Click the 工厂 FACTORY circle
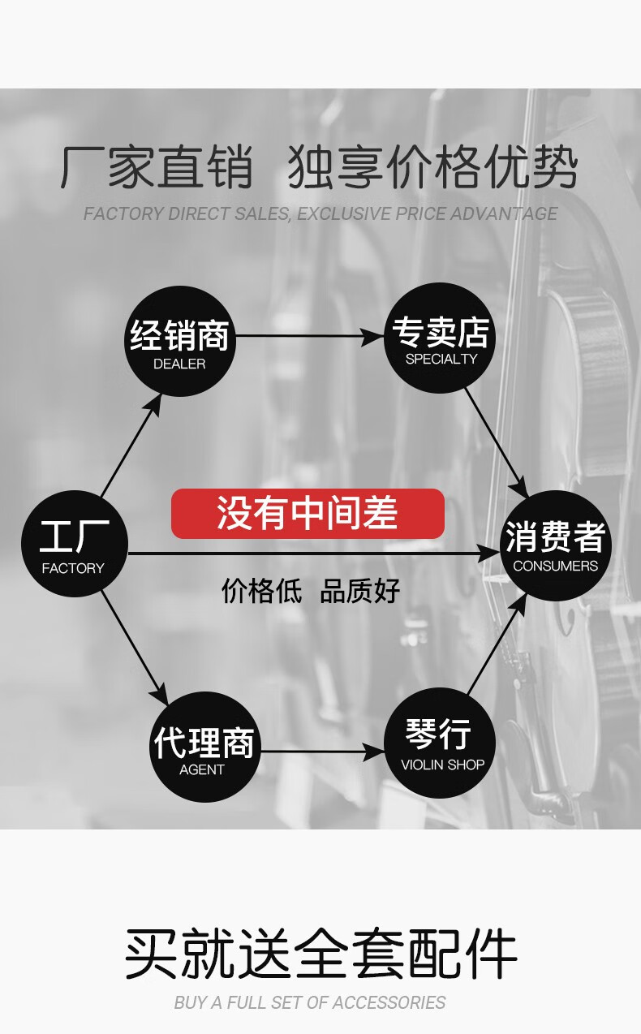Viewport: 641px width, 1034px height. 74,544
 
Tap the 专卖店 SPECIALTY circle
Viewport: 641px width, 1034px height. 441,338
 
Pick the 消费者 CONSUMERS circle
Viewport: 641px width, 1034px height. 555,545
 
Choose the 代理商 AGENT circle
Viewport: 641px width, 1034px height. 203,747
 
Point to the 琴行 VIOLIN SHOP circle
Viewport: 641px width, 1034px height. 441,743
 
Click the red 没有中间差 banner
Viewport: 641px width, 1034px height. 308,513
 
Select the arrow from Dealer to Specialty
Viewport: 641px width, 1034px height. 308,335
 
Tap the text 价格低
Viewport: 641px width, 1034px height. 261,590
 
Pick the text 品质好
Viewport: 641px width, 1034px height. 360,590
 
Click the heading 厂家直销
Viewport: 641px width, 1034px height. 157,168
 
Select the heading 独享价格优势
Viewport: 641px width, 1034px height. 432,168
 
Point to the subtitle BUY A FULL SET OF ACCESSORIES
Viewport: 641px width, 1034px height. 309,1003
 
